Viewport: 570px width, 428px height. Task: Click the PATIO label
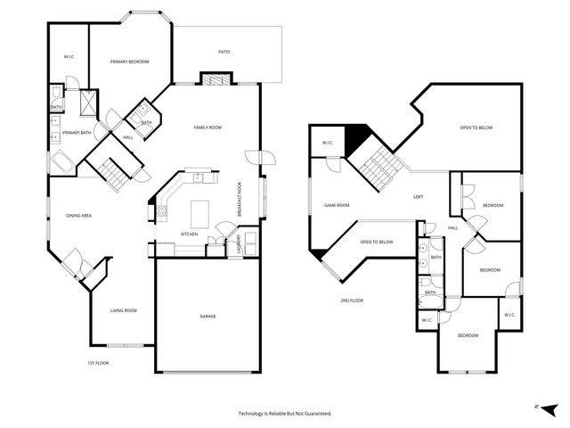point(224,52)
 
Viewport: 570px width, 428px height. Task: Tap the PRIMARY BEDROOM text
point(129,62)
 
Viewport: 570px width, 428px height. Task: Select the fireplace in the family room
point(214,79)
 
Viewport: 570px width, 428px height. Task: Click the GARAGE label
point(208,317)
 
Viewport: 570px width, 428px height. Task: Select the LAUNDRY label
point(238,243)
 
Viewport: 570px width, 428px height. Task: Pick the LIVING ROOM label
point(123,310)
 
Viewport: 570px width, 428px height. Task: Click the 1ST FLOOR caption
point(98,363)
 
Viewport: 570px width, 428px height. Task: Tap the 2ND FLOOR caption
point(351,300)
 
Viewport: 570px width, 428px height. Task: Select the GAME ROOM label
point(336,205)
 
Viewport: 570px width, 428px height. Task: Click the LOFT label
point(418,196)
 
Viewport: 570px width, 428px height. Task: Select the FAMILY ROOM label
point(208,128)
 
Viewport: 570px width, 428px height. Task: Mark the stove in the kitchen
point(162,212)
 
